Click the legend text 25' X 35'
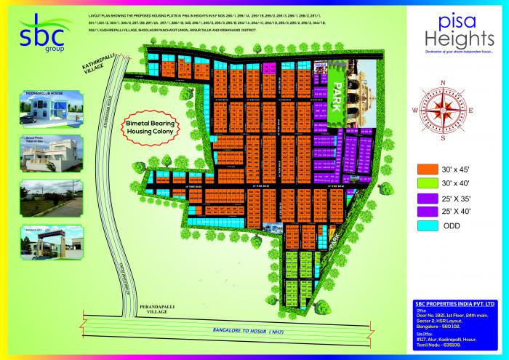(x=459, y=198)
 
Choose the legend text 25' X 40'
(x=459, y=212)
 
